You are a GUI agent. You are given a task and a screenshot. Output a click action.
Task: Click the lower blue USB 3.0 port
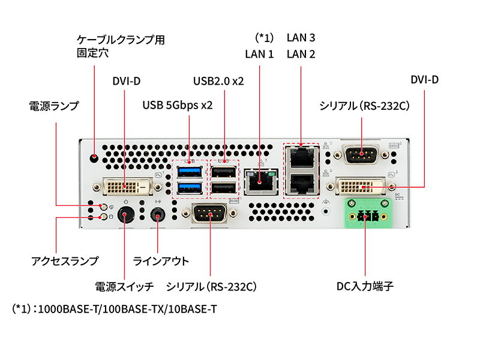[x=190, y=188]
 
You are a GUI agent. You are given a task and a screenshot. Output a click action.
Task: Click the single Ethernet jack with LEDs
[x=259, y=180]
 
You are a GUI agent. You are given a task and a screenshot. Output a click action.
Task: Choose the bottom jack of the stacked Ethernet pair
[x=301, y=184]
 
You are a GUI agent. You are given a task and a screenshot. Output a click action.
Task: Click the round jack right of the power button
[x=158, y=215]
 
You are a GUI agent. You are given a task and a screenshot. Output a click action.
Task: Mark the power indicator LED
[x=104, y=207]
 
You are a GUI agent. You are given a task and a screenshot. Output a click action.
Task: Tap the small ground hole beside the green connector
[x=326, y=211]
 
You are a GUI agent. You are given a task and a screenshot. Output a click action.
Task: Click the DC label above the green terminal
[x=397, y=195]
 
